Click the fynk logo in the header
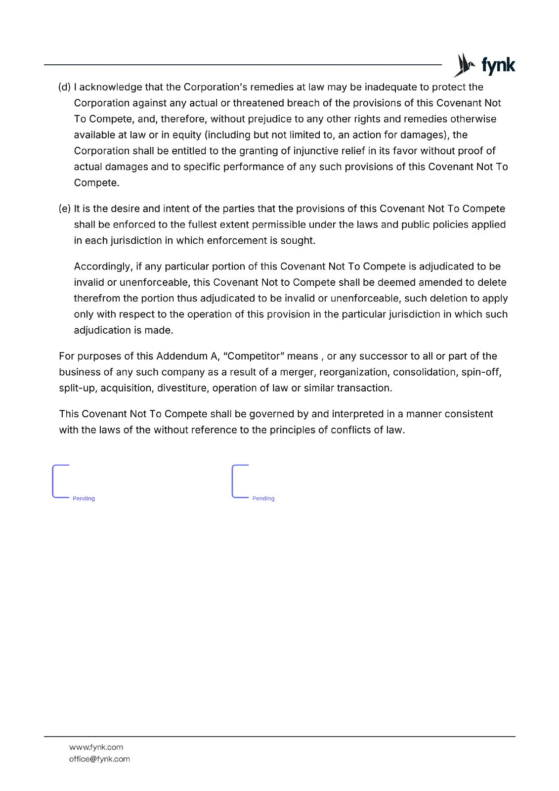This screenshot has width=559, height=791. coord(484,65)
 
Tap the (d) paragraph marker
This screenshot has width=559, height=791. coord(64,88)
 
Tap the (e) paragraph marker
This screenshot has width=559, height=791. coord(64,209)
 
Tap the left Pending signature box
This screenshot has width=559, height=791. coord(74,482)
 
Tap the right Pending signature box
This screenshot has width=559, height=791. coord(254,482)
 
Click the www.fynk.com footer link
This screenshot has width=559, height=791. coord(96,747)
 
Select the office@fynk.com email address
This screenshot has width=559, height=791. coord(99,759)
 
